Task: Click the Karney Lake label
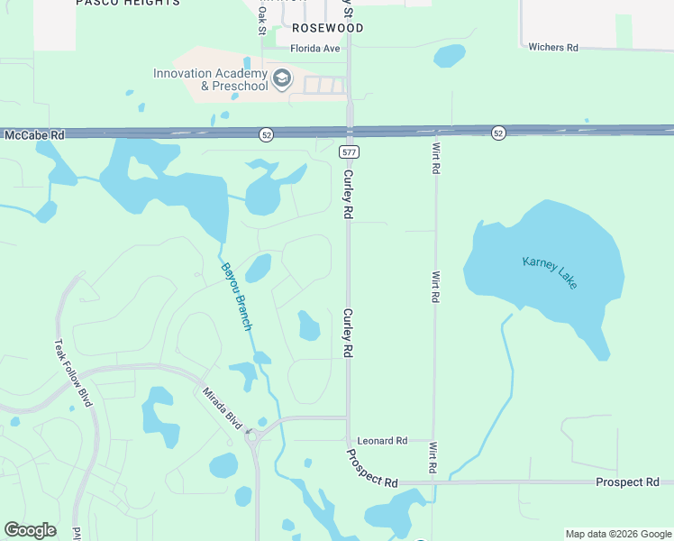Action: (550, 272)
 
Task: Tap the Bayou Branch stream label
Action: (236, 295)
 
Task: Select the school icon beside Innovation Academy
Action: (282, 79)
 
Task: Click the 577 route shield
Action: (347, 153)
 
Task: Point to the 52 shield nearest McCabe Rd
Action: (266, 134)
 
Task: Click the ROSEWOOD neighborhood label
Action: (328, 29)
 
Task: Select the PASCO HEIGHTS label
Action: (127, 3)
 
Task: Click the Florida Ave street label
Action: (314, 49)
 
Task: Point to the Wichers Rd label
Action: (553, 47)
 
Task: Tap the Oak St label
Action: (262, 19)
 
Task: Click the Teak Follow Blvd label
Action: (74, 372)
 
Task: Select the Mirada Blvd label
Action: (223, 402)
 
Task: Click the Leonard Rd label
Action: (382, 441)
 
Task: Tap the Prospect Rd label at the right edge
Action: (627, 482)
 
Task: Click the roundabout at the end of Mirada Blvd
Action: (252, 437)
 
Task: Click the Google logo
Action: (30, 530)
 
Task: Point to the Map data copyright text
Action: (617, 534)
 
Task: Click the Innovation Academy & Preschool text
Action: (211, 79)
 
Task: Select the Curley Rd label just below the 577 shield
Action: (347, 195)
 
